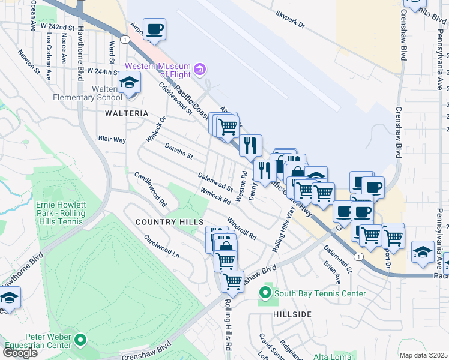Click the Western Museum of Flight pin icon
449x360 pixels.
coord(200,70)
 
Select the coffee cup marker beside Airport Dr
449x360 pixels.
coord(154,29)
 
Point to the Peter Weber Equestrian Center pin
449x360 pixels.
coord(80,340)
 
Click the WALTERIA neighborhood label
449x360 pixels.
coord(126,113)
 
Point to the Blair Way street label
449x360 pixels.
coord(112,139)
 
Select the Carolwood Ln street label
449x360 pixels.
coord(161,246)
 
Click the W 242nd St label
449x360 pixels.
coord(58,28)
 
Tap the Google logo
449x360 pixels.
coord(20,353)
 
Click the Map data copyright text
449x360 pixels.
coord(424,355)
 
